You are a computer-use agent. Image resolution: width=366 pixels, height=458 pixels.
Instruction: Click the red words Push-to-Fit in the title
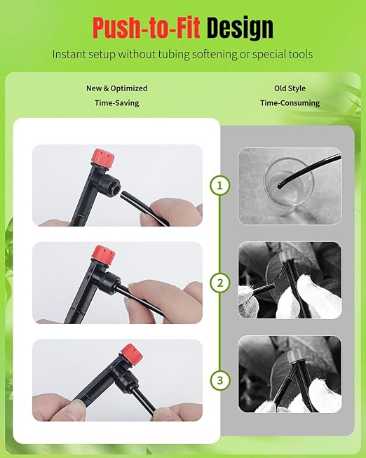point(147,28)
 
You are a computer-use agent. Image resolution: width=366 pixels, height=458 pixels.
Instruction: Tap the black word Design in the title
point(240,29)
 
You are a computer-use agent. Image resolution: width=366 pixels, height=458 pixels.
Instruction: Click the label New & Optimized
point(117,88)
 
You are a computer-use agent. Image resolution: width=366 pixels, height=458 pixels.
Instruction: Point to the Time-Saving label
point(117,103)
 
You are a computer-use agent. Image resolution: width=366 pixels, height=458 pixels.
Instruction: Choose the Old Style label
point(290,88)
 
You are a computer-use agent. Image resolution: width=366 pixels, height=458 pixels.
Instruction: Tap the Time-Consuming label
point(290,103)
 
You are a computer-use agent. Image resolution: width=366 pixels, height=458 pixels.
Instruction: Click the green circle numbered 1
point(220,185)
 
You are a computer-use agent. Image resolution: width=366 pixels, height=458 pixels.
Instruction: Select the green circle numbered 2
point(220,283)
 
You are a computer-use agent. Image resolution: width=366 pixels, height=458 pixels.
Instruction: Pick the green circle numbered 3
point(220,380)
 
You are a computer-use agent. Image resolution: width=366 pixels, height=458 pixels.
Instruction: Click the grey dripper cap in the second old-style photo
point(285,257)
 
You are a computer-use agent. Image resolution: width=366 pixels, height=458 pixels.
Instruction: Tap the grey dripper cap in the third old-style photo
point(293,356)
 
